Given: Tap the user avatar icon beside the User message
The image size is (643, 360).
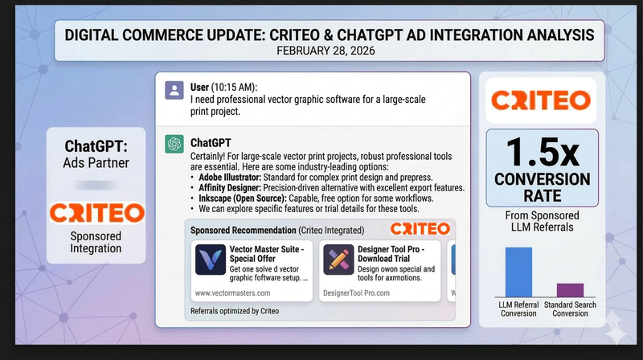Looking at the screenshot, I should pyautogui.click(x=173, y=90).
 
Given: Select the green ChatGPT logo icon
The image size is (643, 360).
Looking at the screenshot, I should pyautogui.click(x=173, y=144).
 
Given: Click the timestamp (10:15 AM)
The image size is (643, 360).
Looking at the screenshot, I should pyautogui.click(x=241, y=86).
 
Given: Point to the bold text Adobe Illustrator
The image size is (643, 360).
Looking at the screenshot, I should pyautogui.click(x=234, y=177).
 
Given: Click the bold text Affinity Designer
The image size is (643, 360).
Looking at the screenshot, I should pyautogui.click(x=233, y=187).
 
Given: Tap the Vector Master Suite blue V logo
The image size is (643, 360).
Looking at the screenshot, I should pyautogui.click(x=210, y=262).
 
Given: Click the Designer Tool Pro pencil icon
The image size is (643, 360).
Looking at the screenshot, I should pyautogui.click(x=338, y=262).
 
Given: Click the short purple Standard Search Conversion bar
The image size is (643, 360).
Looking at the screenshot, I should pyautogui.click(x=570, y=289).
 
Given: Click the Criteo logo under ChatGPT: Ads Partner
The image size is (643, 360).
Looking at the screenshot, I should pyautogui.click(x=96, y=213).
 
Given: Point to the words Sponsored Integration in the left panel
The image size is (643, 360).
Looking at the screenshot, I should pyautogui.click(x=96, y=242).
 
